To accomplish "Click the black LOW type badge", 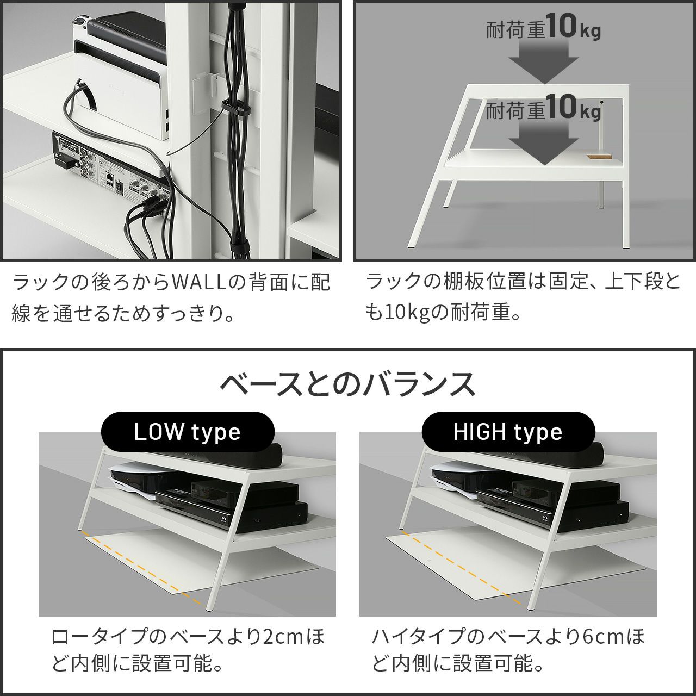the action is click(188, 432).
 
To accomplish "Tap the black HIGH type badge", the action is click(508, 432).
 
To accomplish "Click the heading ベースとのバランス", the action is click(347, 384).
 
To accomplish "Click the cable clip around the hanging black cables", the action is click(235, 106).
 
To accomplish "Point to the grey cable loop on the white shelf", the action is click(78, 105).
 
